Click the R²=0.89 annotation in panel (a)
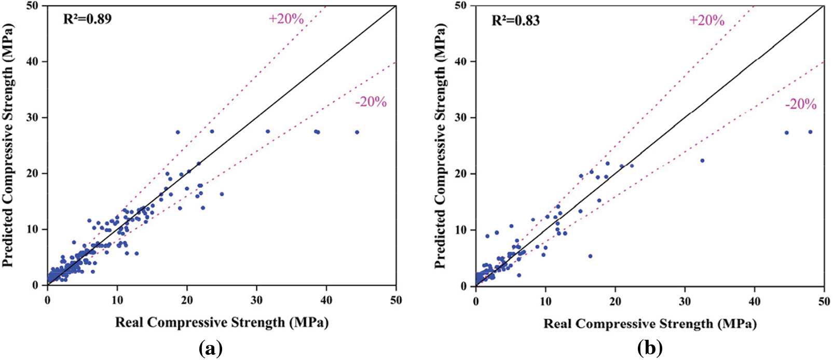(87, 20)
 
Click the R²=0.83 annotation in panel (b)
(515, 20)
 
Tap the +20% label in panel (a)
(286, 19)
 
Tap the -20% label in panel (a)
(371, 102)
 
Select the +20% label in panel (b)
(707, 20)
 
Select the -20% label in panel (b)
(801, 104)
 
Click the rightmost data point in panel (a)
(357, 132)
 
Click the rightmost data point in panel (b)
(810, 132)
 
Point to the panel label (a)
(211, 348)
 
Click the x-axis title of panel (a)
(222, 323)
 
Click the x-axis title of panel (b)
(650, 324)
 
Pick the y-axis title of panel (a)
(8, 145)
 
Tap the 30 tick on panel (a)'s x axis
(256, 300)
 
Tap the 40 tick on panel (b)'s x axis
(754, 301)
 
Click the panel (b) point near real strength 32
(702, 161)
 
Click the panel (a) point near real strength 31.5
(268, 131)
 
